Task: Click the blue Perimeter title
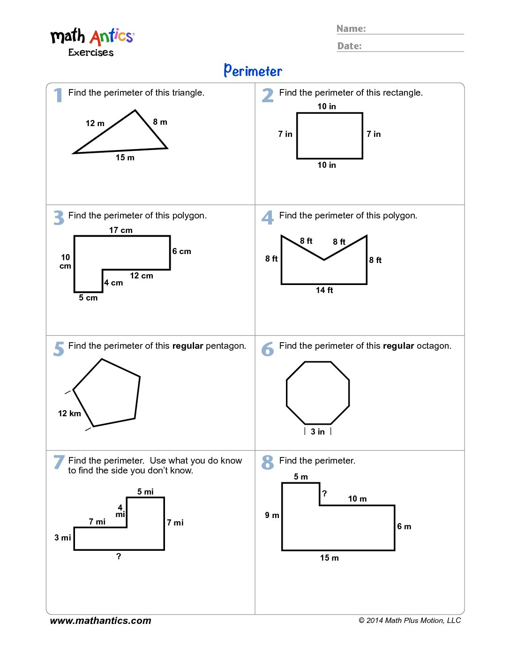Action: pyautogui.click(x=253, y=71)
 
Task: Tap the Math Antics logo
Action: pyautogui.click(x=92, y=41)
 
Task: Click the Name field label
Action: pyautogui.click(x=351, y=29)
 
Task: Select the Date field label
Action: pyautogui.click(x=350, y=46)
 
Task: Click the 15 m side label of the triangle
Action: pyautogui.click(x=125, y=157)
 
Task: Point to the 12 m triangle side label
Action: pyautogui.click(x=95, y=123)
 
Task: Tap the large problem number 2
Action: pyautogui.click(x=268, y=95)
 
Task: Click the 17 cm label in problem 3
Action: pyautogui.click(x=121, y=230)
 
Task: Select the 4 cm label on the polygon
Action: pyautogui.click(x=113, y=283)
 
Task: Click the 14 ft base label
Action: pyautogui.click(x=324, y=290)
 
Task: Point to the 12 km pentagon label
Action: pyautogui.click(x=69, y=413)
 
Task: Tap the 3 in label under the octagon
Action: pyautogui.click(x=318, y=432)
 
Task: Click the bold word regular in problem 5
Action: pyautogui.click(x=187, y=346)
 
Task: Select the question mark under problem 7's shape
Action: pyautogui.click(x=119, y=556)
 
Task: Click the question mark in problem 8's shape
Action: pyautogui.click(x=324, y=494)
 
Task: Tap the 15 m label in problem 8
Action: pyautogui.click(x=330, y=558)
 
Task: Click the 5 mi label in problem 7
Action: pyautogui.click(x=145, y=492)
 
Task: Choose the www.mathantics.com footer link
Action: pyautogui.click(x=101, y=621)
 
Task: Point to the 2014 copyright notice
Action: pyautogui.click(x=410, y=621)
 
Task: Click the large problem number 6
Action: pyautogui.click(x=268, y=349)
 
